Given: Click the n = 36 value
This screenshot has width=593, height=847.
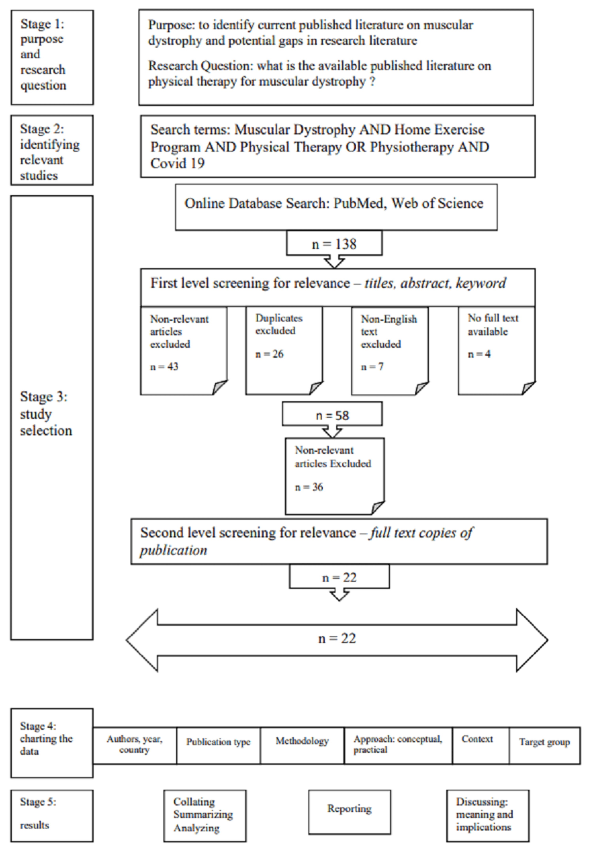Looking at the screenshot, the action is [x=309, y=487].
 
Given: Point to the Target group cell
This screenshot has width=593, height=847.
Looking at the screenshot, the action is [x=545, y=746].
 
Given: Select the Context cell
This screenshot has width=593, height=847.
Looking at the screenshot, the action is [x=481, y=746].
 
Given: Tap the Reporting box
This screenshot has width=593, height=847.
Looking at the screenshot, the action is [x=349, y=812].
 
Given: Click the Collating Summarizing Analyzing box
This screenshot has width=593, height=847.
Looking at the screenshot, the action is [x=205, y=816].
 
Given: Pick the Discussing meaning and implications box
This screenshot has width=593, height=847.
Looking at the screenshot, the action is [x=487, y=816].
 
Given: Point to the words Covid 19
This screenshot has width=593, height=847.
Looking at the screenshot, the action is [x=178, y=163].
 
